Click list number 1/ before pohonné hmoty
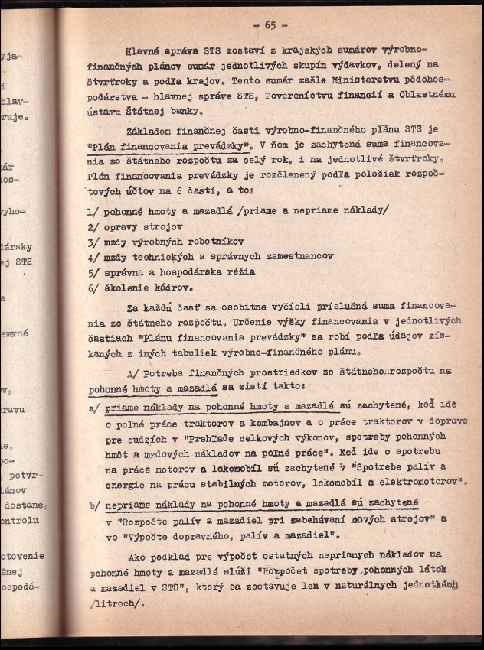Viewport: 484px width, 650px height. (x=94, y=211)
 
